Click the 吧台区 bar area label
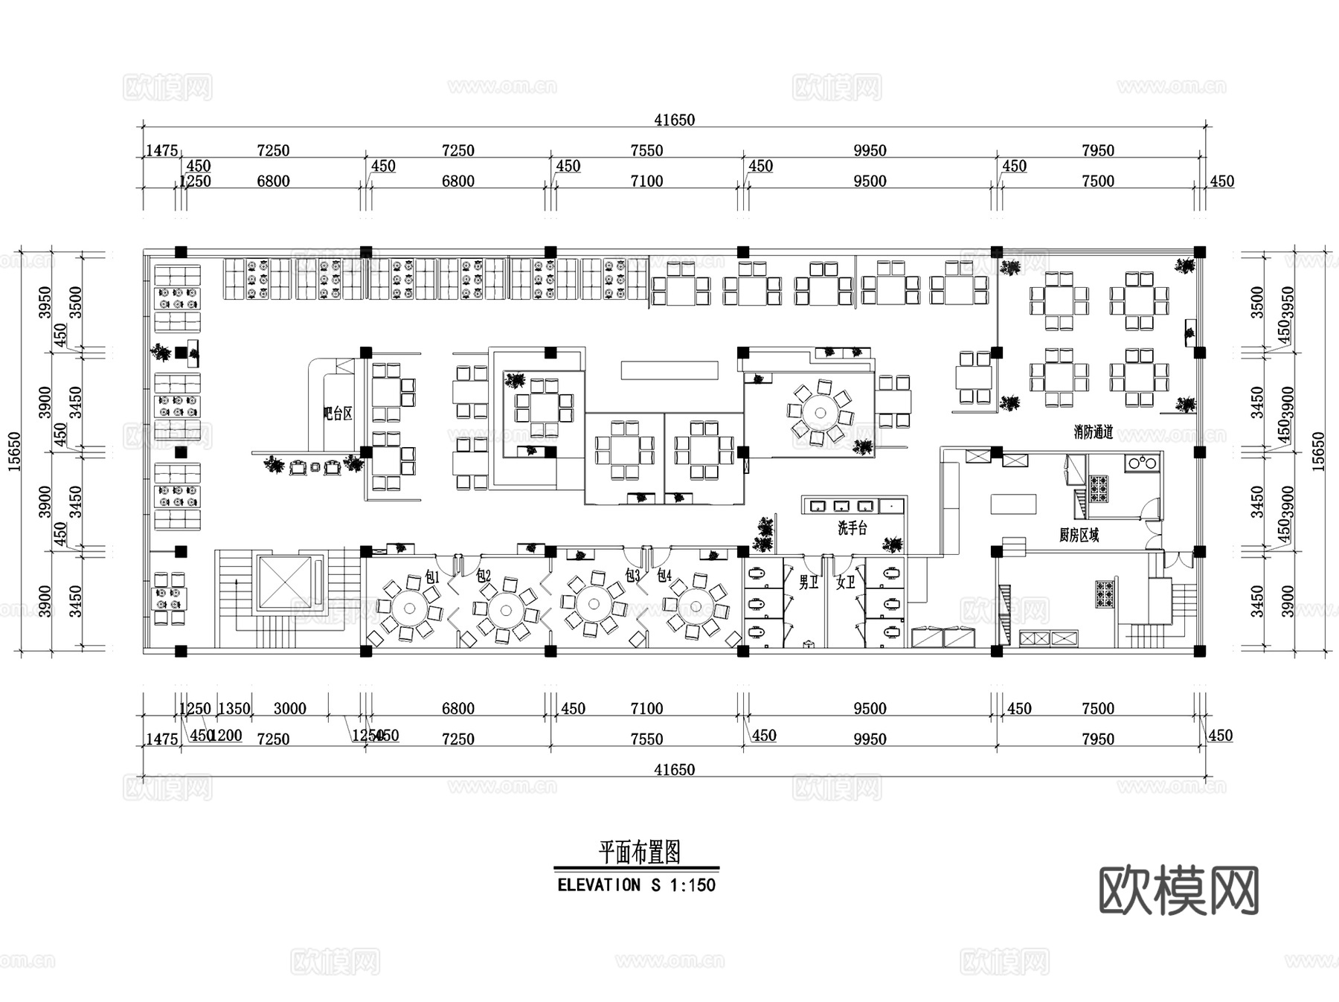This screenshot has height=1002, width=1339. pyautogui.click(x=338, y=414)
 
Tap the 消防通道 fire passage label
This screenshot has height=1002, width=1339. pyautogui.click(x=1093, y=432)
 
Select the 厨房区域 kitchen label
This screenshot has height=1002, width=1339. pyautogui.click(x=1079, y=535)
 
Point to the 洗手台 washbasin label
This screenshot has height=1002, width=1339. pyautogui.click(x=852, y=528)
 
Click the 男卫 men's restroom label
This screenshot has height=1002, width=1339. pyautogui.click(x=809, y=582)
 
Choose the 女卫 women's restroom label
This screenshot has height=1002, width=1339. pyautogui.click(x=846, y=582)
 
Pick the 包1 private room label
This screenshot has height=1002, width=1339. pyautogui.click(x=432, y=577)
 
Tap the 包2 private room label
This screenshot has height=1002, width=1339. pyautogui.click(x=484, y=576)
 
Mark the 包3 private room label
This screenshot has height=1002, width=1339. pyautogui.click(x=632, y=576)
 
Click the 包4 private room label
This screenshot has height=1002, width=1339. pyautogui.click(x=664, y=576)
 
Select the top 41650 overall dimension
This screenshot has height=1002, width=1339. pyautogui.click(x=674, y=120)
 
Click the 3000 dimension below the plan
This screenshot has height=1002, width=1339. pyautogui.click(x=289, y=708)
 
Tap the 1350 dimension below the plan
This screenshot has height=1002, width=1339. pyautogui.click(x=234, y=708)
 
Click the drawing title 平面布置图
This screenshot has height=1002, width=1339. pyautogui.click(x=640, y=852)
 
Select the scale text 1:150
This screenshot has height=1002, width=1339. pyautogui.click(x=693, y=885)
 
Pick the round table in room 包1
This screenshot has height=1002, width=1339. pyautogui.click(x=408, y=608)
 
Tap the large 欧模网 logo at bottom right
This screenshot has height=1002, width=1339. pyautogui.click(x=1178, y=890)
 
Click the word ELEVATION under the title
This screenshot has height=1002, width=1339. pyautogui.click(x=599, y=885)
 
